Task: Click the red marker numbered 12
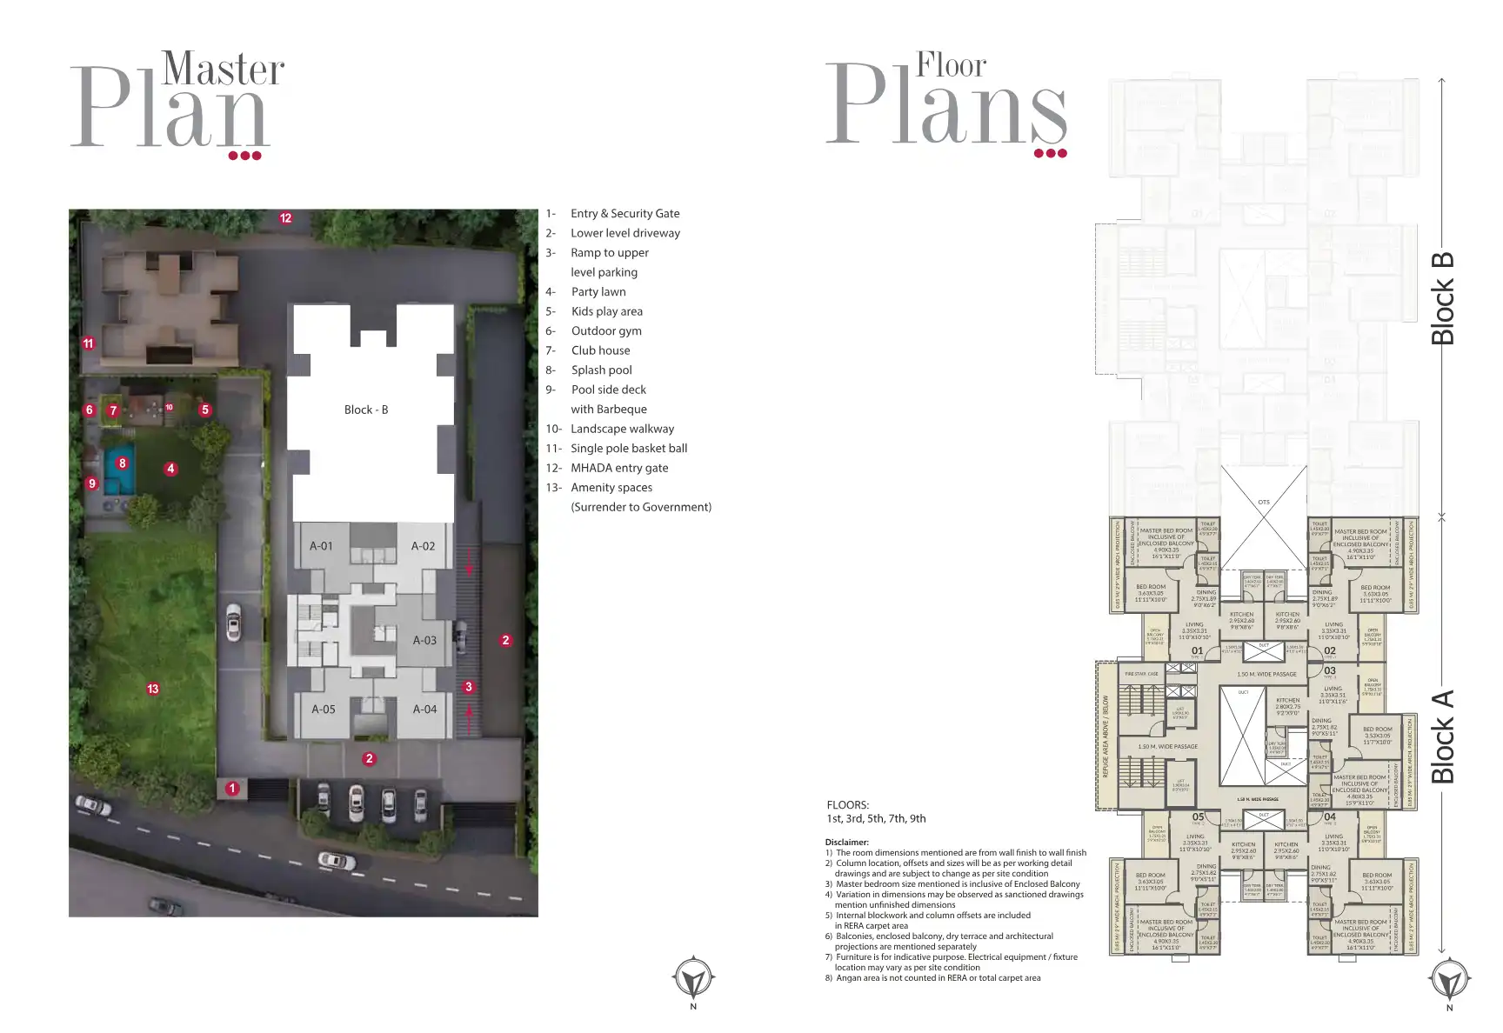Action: tap(285, 217)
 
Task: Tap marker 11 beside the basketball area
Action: tap(88, 343)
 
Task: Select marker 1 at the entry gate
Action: tap(232, 789)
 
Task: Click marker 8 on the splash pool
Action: tap(123, 463)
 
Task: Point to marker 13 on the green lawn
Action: tap(153, 689)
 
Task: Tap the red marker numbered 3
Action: tap(469, 687)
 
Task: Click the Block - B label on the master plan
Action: tap(366, 410)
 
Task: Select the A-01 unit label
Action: tap(321, 546)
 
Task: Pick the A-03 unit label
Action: tap(424, 640)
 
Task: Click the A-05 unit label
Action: tap(324, 710)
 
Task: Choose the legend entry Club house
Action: tap(600, 350)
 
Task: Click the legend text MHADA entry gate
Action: tap(619, 468)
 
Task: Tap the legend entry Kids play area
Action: tap(607, 311)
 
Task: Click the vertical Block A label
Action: tap(1442, 736)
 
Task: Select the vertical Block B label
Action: tap(1442, 297)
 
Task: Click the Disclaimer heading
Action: tap(846, 842)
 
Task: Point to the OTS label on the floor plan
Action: tap(1264, 502)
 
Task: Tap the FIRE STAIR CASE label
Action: tap(1141, 674)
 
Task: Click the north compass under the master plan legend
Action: tap(693, 979)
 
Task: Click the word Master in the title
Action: tap(224, 70)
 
